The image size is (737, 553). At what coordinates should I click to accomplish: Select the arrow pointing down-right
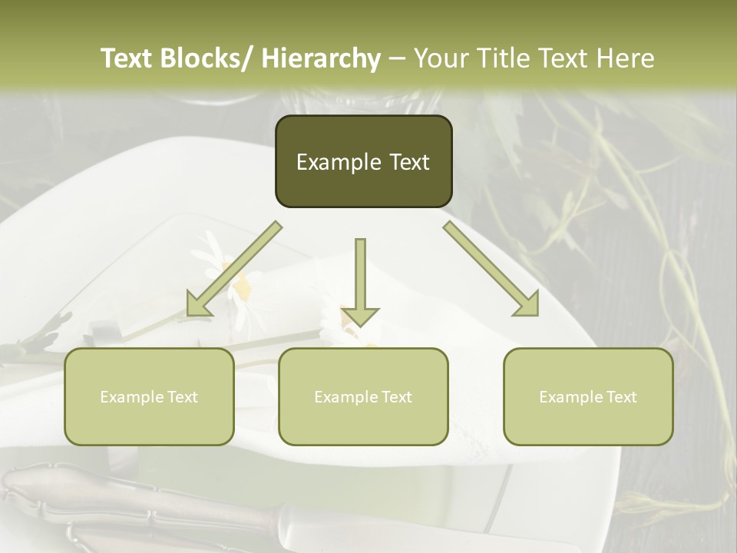491,269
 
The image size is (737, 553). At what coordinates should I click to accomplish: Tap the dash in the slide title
397,58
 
